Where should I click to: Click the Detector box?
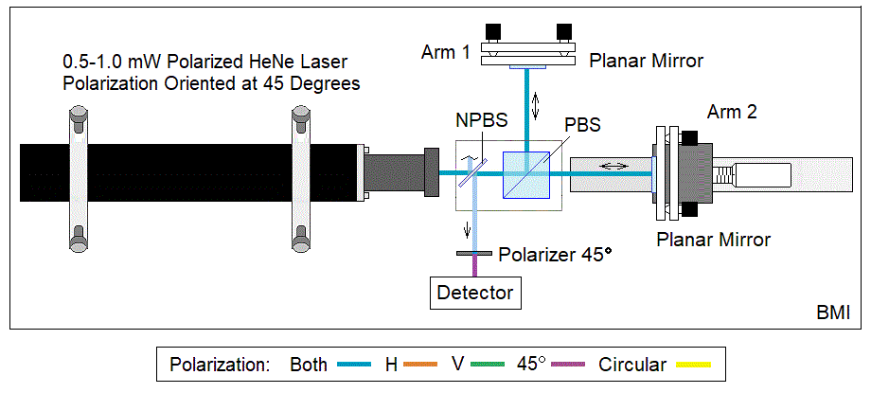475,293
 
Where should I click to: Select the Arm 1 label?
446,51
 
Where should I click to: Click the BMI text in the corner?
833,313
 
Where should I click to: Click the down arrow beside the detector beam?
465,231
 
